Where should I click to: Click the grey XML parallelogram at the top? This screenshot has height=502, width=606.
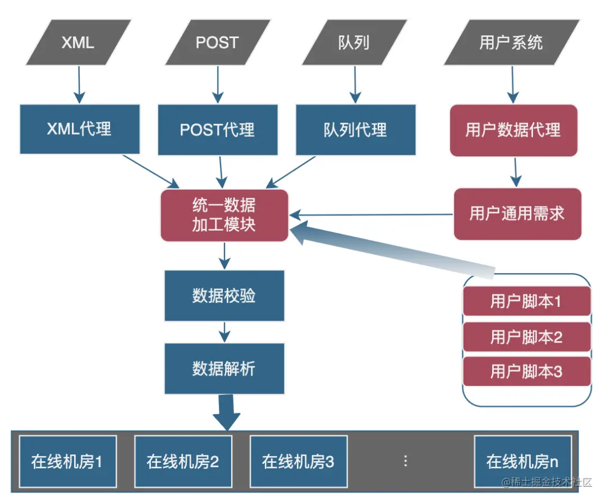(x=78, y=43)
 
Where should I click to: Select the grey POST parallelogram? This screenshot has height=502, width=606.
(x=217, y=43)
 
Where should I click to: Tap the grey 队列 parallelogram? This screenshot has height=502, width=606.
(x=354, y=43)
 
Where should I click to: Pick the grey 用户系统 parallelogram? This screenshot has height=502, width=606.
(x=511, y=43)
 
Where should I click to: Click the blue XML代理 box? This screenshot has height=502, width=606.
(x=80, y=129)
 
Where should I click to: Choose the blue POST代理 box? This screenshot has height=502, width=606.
(x=218, y=130)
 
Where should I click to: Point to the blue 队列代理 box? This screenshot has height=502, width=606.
(x=356, y=130)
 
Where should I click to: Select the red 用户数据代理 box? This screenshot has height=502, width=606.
(x=513, y=130)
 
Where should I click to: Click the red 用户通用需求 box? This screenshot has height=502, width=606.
(x=517, y=214)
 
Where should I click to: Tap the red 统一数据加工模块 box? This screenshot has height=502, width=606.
(x=224, y=215)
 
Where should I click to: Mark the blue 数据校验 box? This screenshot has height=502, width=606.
(x=224, y=296)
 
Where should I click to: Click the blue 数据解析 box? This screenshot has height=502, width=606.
(x=224, y=369)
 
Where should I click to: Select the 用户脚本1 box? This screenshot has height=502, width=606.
(x=526, y=302)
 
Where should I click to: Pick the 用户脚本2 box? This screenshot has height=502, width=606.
(x=526, y=337)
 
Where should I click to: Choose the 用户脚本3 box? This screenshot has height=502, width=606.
(x=526, y=371)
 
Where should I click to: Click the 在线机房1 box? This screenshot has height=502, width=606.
(x=67, y=462)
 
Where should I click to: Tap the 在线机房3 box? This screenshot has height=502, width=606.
(x=298, y=462)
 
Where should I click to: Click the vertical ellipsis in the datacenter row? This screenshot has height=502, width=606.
(x=405, y=461)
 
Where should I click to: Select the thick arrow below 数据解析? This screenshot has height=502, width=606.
(x=226, y=412)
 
